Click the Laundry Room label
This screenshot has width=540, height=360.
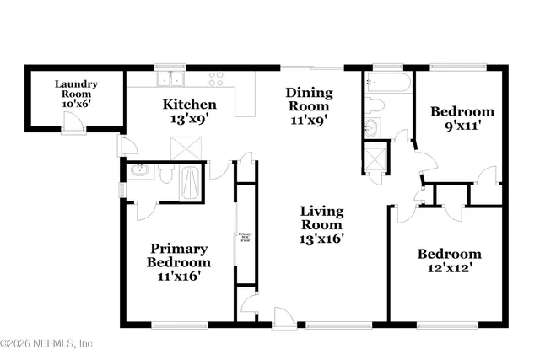click(77, 90)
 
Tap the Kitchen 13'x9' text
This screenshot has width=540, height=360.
click(189, 111)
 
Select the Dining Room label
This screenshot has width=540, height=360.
click(309, 105)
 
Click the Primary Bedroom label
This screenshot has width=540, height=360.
click(180, 261)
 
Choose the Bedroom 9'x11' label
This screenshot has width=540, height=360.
click(462, 119)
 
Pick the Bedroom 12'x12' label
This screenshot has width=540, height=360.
click(449, 261)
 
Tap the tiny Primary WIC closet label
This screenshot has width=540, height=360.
click(245, 237)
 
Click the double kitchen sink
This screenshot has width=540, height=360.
click(173, 80)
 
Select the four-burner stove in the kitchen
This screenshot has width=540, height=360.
click(216, 80)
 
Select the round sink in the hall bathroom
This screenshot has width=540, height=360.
click(372, 127)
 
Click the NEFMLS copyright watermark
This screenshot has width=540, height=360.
click(46, 344)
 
